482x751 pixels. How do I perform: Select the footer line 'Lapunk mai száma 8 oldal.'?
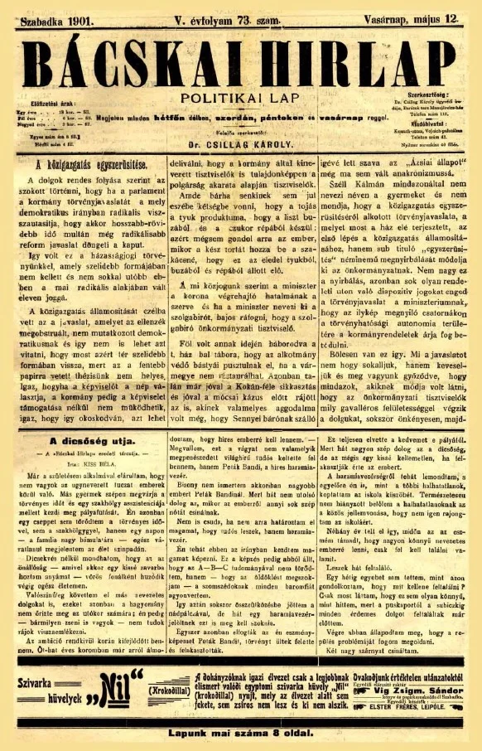[x=241, y=732]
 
